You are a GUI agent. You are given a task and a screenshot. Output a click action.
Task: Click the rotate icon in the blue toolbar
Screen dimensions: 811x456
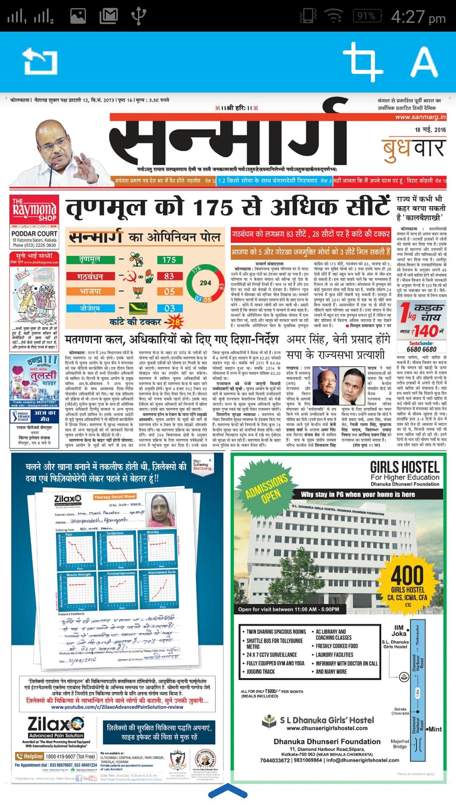point(40,61)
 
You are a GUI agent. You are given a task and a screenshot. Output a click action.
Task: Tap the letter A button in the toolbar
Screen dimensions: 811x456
point(424,61)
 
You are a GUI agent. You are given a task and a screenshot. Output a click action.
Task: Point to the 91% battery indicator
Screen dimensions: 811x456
point(366,16)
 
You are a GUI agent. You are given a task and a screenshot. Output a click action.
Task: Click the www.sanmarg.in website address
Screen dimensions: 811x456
point(421,117)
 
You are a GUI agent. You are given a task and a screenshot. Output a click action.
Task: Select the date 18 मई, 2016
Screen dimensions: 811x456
point(430,130)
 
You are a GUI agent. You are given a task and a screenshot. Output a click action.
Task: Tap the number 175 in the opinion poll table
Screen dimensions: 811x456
point(169,260)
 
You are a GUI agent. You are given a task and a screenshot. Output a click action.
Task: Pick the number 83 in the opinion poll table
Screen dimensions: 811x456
point(169,276)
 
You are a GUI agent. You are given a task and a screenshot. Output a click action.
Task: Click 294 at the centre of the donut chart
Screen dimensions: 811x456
point(206,283)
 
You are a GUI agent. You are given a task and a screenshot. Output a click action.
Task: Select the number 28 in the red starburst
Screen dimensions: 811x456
point(174,310)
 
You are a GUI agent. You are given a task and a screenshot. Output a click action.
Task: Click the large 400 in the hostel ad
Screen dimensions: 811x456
point(407,575)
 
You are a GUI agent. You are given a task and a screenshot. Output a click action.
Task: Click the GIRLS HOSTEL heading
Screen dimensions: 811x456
point(404,467)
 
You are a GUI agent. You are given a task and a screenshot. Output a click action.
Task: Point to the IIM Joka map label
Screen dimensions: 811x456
point(399,630)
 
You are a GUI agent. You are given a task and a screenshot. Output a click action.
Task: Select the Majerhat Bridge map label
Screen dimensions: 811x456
point(399,744)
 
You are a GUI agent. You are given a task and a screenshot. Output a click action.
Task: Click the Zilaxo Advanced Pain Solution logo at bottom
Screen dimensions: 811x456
point(56,727)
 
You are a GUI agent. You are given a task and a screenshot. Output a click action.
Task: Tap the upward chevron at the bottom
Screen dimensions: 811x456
point(228,791)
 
